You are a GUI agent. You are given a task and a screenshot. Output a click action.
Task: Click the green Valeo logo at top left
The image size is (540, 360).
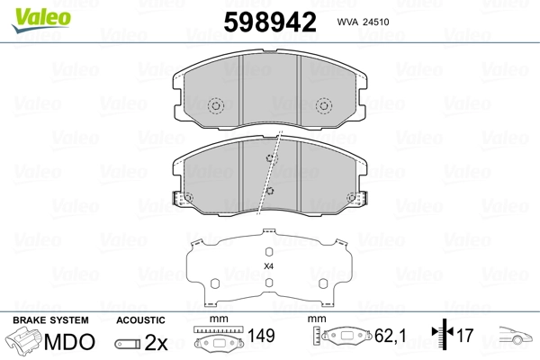(28, 10)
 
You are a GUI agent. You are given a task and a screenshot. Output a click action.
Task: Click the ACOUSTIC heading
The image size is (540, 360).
(141, 319)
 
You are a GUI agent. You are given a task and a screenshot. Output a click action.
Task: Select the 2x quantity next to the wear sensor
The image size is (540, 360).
(156, 343)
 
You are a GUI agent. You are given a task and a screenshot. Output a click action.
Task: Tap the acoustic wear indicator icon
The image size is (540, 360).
(128, 343)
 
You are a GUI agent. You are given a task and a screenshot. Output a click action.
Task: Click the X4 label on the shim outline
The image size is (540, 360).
(268, 266)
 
